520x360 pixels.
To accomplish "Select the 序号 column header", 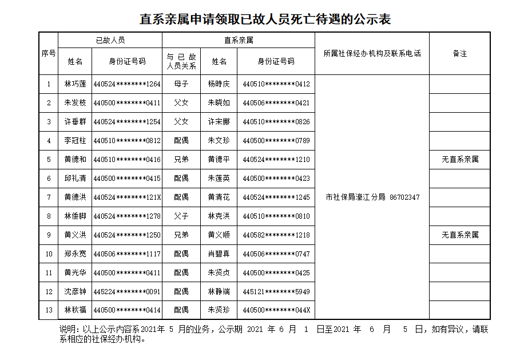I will point(49,53).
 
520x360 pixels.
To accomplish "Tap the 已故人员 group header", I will point(110,40).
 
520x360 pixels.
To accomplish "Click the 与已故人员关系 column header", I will point(181,61).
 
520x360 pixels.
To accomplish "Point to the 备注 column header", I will point(459,53).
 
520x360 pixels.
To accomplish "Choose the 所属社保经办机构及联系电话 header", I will point(372,53).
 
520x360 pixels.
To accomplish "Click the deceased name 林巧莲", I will point(75,84).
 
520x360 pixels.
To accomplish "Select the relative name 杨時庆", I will point(219,84).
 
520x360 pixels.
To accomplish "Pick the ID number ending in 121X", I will point(126,197).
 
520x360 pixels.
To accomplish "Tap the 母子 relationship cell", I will point(181,84).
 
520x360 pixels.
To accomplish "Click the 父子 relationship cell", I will point(181,216).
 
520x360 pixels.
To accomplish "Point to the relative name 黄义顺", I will point(219,235).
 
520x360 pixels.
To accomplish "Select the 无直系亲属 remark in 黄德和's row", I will point(459,160).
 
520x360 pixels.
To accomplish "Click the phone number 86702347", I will point(404,197).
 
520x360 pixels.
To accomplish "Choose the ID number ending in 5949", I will point(276,292).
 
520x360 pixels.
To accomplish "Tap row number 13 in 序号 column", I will point(49,310).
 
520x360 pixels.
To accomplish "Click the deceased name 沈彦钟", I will point(75,292).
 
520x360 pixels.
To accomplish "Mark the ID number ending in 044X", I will point(276,310).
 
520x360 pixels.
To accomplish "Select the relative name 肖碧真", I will point(219,254).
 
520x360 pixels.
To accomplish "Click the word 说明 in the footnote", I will point(67,330).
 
